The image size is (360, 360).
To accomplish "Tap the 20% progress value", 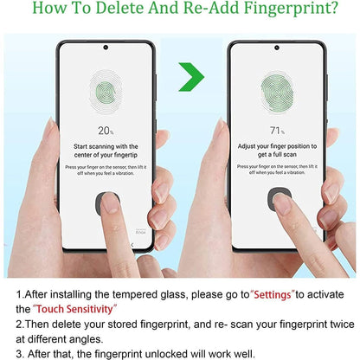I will [x=106, y=130].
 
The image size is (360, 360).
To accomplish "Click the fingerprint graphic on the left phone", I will [x=106, y=88].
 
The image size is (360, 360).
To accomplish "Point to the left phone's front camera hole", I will [x=106, y=48].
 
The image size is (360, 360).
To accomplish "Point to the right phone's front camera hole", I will [x=277, y=48].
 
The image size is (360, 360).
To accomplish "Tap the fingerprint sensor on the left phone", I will [x=107, y=203].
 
